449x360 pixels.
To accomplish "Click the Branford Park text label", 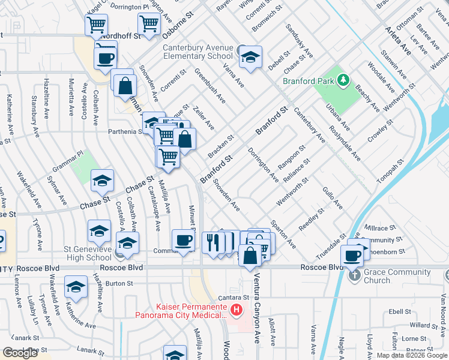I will tap(309, 81).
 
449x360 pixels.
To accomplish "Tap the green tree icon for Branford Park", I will tap(343, 80).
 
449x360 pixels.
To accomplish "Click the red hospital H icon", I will tap(237, 310).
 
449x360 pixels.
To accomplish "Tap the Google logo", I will tap(20, 353).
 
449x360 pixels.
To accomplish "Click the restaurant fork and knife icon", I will tap(211, 242).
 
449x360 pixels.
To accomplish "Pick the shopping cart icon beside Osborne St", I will tap(148, 24).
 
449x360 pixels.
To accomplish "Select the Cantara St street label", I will tap(233, 297).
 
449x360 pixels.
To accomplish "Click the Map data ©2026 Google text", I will tap(412, 355).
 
